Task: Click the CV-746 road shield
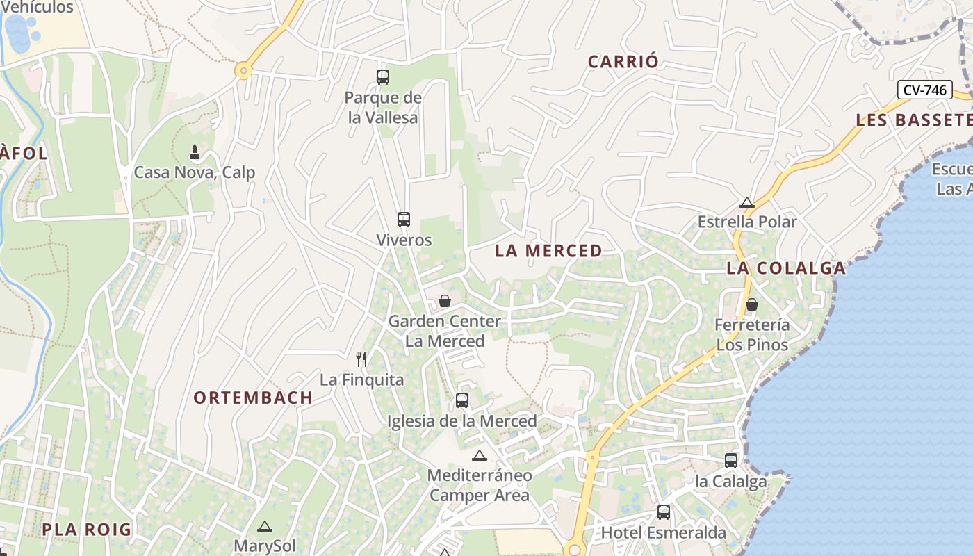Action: (x=924, y=90)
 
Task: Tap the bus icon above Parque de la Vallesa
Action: (x=383, y=77)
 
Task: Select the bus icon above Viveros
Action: (x=404, y=220)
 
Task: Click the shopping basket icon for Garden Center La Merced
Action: (x=445, y=301)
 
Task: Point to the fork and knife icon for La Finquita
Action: (x=361, y=359)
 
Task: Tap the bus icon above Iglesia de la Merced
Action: (x=462, y=400)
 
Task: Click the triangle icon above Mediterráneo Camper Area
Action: (x=479, y=456)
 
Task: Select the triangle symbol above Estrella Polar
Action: (x=747, y=203)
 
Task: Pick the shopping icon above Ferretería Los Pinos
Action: (x=751, y=304)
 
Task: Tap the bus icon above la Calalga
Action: (x=731, y=460)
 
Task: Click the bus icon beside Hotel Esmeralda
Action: (x=664, y=513)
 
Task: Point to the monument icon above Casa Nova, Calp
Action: (x=195, y=152)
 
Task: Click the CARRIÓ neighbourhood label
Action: (x=623, y=62)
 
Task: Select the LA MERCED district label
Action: (x=548, y=251)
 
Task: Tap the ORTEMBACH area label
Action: (x=253, y=398)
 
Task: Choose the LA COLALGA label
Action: (x=786, y=268)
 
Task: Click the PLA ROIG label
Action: (x=86, y=530)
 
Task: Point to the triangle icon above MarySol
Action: (x=264, y=527)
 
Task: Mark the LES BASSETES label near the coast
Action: (x=913, y=120)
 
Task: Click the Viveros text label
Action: (x=404, y=240)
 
